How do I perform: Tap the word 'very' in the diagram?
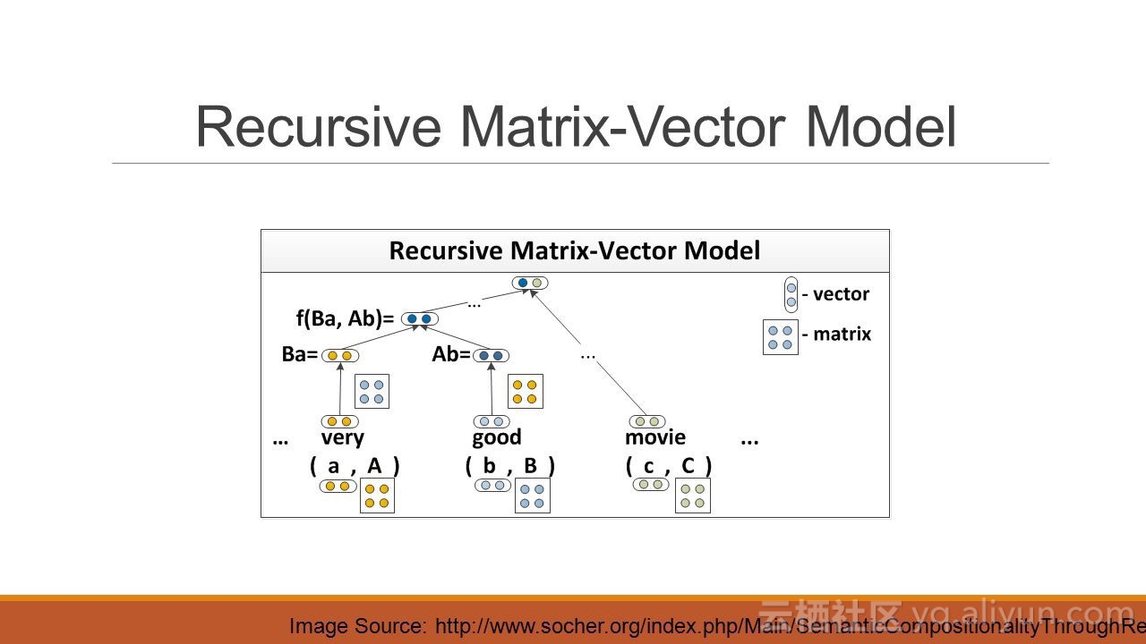[342, 437]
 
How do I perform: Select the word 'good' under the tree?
[496, 437]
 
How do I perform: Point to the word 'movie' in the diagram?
[655, 437]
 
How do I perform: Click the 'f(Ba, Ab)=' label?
[345, 318]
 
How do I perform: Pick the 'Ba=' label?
[299, 354]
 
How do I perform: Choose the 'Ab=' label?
[450, 354]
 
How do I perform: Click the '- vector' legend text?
[835, 294]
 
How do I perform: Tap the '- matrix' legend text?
[836, 335]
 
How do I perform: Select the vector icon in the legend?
[791, 294]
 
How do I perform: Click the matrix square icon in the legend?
[780, 337]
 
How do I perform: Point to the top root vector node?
[529, 283]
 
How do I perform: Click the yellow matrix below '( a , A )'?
[377, 496]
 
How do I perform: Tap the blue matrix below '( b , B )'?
[532, 496]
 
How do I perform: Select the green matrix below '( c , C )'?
[692, 496]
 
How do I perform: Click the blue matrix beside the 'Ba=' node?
[372, 391]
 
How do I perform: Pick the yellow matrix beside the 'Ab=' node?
[525, 391]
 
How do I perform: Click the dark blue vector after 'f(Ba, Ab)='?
[419, 318]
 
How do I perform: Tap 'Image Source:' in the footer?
[357, 626]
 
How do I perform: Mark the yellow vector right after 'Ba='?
[339, 355]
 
